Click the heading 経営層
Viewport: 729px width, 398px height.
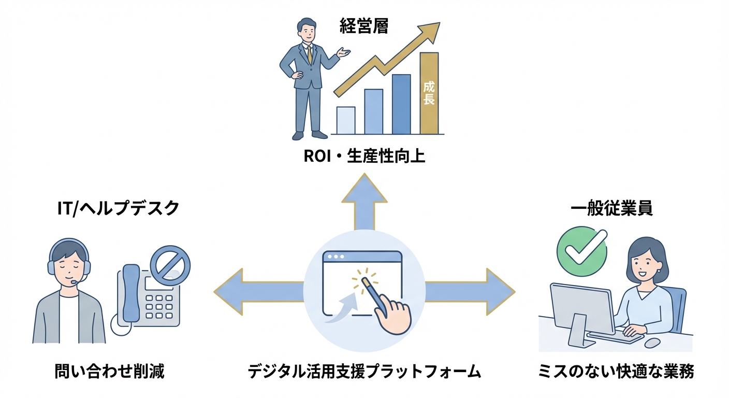click(x=364, y=26)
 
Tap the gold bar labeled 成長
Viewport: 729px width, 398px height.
click(x=429, y=93)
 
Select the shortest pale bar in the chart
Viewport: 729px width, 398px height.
click(x=346, y=120)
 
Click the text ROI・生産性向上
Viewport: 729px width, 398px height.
click(x=364, y=156)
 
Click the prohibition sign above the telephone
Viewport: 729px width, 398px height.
click(x=170, y=265)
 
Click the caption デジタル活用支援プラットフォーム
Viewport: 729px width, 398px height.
click(x=364, y=371)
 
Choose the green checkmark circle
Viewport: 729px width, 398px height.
click(x=581, y=251)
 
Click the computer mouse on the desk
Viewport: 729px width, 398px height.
click(x=652, y=343)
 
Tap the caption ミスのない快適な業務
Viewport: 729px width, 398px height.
click(x=616, y=371)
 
